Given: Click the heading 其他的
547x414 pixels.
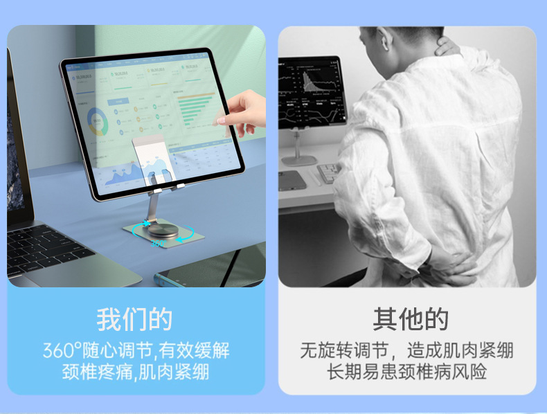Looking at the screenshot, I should coord(411,319).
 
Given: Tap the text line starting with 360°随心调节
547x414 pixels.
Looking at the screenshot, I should coord(136,350).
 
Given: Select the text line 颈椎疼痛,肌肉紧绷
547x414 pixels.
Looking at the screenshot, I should coord(136,372).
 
